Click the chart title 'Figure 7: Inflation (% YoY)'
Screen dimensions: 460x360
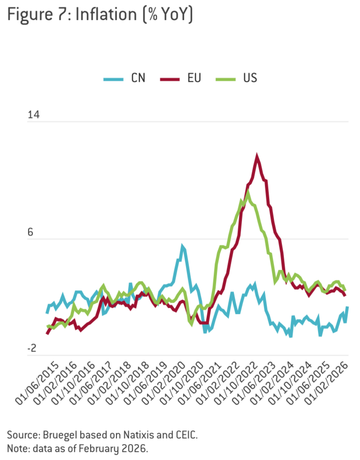[x=100, y=15]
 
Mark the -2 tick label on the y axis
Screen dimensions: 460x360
[x=32, y=348]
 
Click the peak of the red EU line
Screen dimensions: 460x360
[x=257, y=155]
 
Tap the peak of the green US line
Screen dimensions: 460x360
[x=248, y=191]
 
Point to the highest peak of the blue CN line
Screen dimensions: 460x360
[x=182, y=246]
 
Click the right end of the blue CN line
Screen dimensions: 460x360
[x=347, y=307]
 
